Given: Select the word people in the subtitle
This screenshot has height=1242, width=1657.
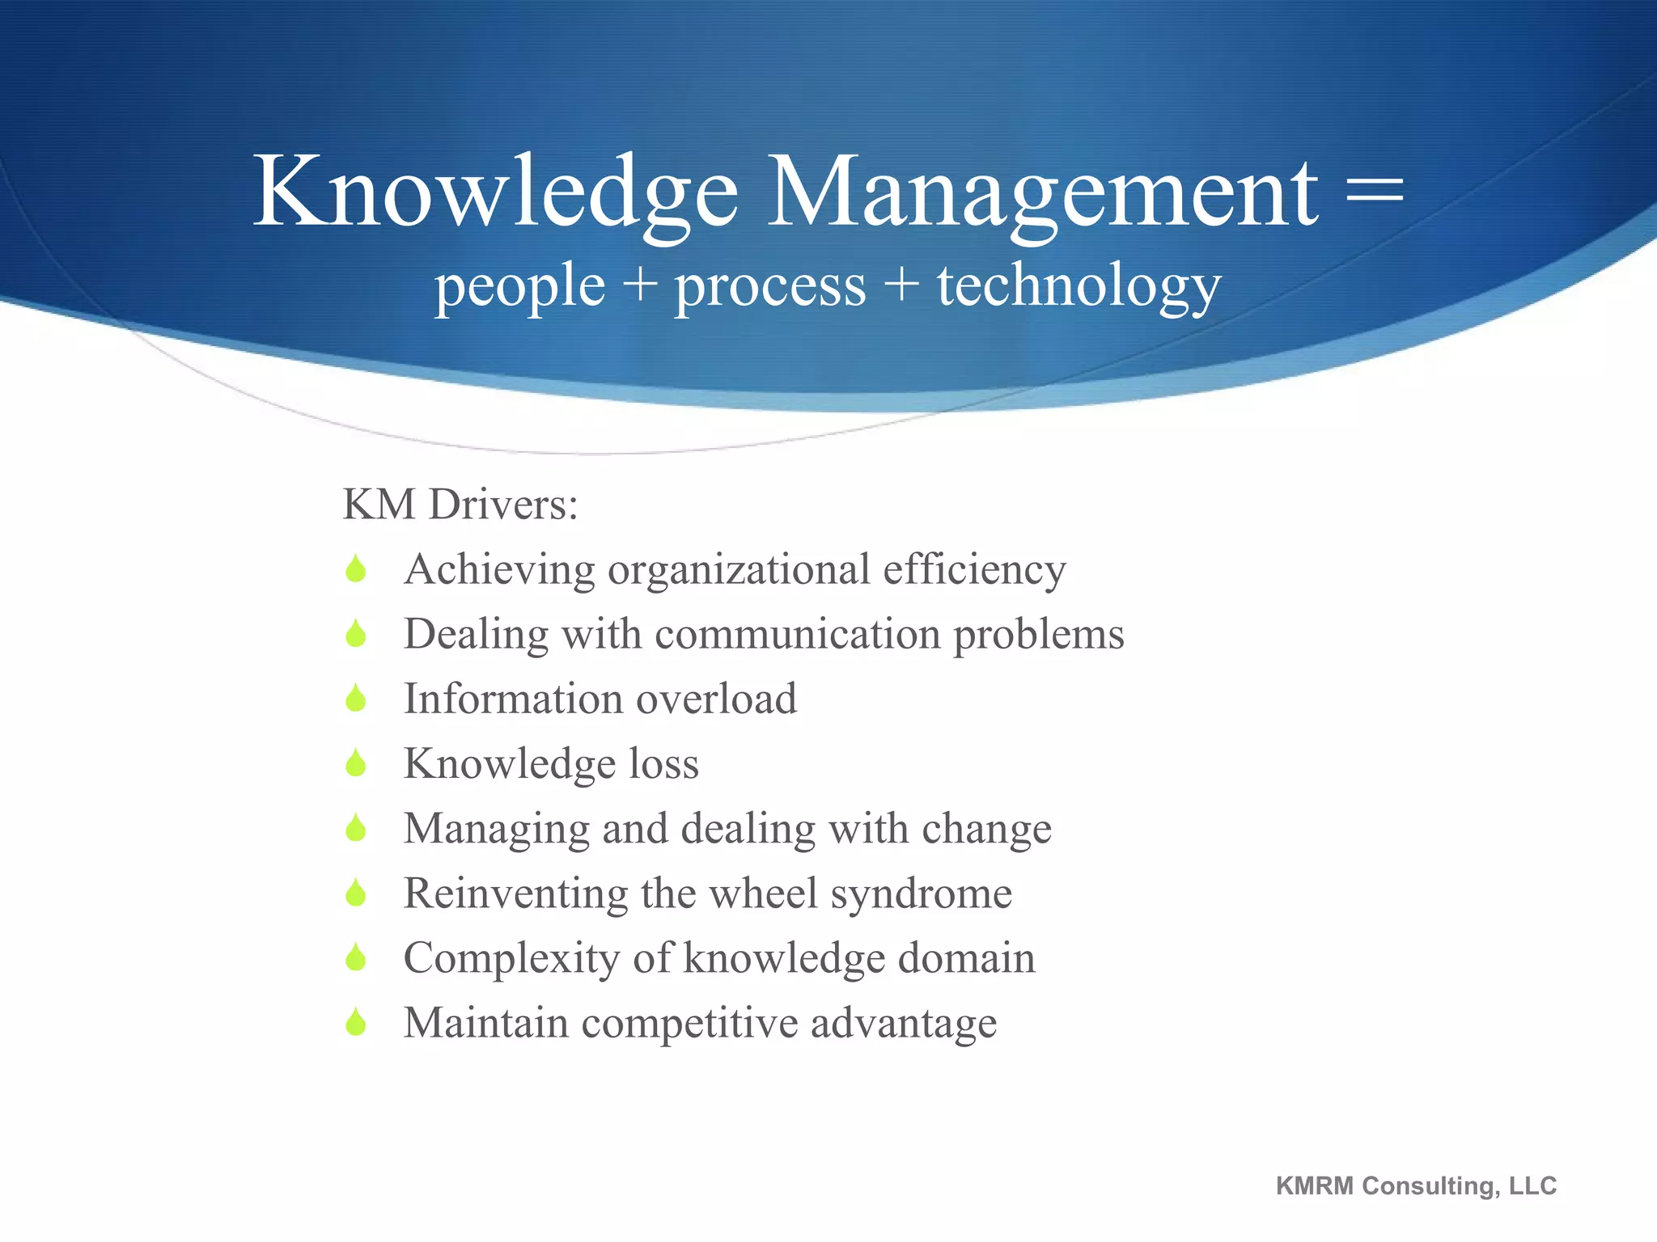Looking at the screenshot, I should (x=519, y=288).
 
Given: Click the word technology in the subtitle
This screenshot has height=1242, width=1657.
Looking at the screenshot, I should (x=1079, y=288).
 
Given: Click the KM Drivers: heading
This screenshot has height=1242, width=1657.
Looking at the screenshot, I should (x=460, y=505).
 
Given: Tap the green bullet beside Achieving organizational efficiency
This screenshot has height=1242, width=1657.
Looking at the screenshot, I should (x=355, y=569).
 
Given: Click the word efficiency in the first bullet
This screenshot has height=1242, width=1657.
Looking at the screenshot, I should (x=974, y=569).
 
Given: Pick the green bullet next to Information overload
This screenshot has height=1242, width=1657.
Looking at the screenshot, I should (x=355, y=699).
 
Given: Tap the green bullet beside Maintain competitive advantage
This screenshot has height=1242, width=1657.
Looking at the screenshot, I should (x=355, y=1024).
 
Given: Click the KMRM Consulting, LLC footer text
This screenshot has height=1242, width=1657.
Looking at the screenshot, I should (x=1416, y=1186).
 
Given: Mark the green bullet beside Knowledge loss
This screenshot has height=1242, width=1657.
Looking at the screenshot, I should (x=355, y=763).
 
